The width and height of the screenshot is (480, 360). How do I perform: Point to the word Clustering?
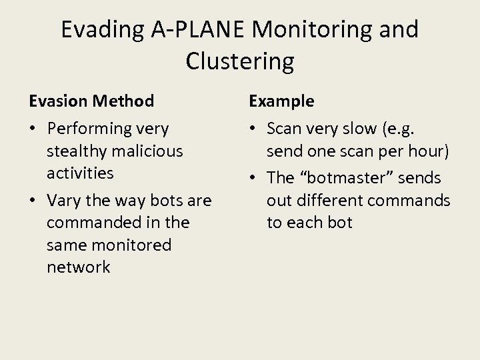(240, 61)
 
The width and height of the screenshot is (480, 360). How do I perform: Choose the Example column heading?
(281, 101)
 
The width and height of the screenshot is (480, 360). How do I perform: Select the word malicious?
(147, 151)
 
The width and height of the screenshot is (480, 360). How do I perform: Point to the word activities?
(80, 173)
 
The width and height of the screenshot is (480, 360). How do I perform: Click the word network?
(79, 267)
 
